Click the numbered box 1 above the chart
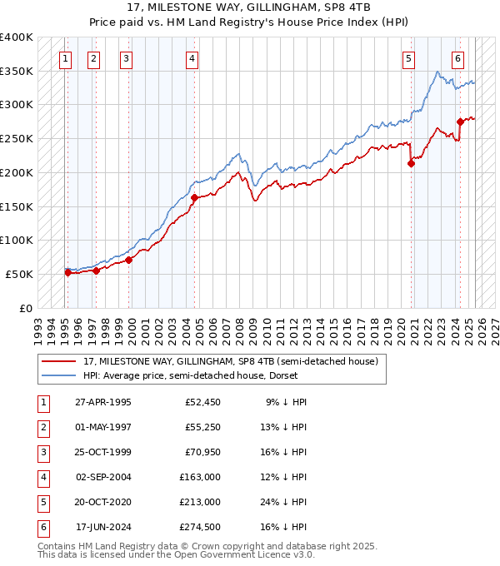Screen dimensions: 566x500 [x=66, y=58]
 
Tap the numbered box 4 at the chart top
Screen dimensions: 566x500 [x=192, y=58]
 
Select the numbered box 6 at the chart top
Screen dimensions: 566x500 [x=458, y=58]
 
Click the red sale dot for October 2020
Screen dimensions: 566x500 [x=411, y=164]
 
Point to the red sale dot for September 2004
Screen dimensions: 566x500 [x=194, y=198]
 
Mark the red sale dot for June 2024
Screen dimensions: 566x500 [x=460, y=122]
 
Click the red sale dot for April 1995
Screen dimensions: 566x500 [x=67, y=272]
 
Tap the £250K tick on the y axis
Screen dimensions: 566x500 [x=17, y=138]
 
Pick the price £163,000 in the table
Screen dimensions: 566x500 [x=200, y=477]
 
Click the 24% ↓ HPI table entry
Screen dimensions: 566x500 [x=286, y=502]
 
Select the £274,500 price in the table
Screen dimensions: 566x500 [x=200, y=527]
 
